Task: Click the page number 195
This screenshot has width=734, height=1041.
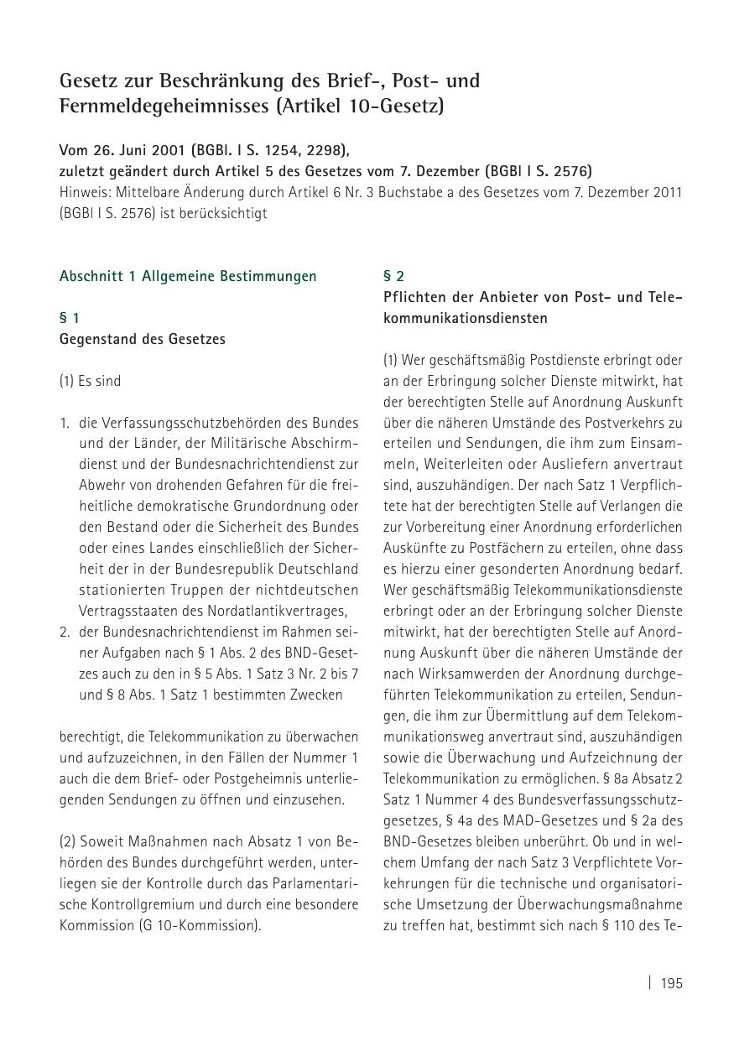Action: pos(671,983)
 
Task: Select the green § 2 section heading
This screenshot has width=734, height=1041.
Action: pos(393,276)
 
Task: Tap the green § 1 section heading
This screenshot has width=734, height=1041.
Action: pos(70,318)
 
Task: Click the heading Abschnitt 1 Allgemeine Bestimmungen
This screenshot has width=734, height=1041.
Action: pos(188,276)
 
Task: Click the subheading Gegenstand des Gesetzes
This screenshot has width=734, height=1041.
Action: pos(142,339)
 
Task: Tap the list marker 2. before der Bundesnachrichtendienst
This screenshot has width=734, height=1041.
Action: pos(65,632)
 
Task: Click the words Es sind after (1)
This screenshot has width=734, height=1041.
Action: pos(100,381)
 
